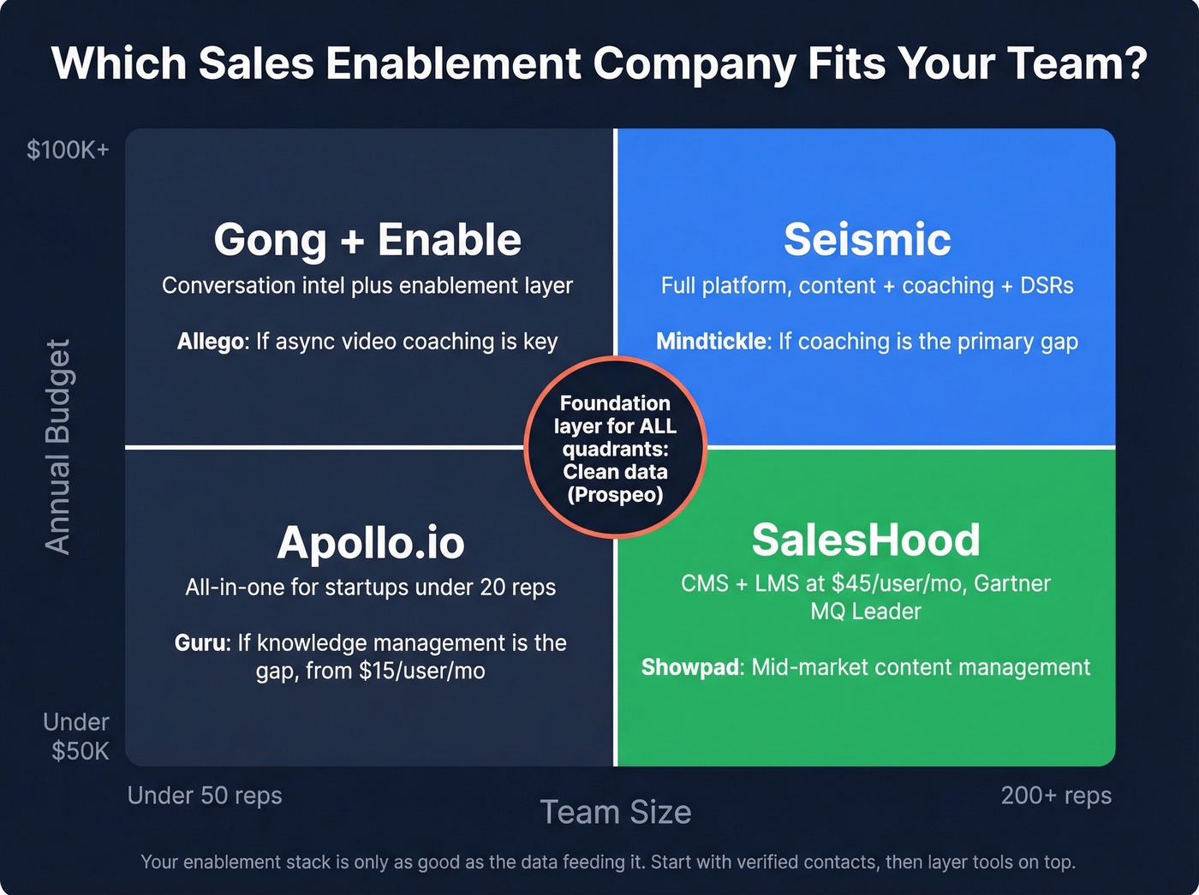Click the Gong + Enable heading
[x=367, y=240]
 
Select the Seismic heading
[x=867, y=240]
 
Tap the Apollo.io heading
[x=370, y=543]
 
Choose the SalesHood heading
[x=866, y=540]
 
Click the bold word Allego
[x=211, y=342]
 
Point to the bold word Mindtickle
[x=711, y=342]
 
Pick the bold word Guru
[x=202, y=643]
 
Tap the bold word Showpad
[x=691, y=667]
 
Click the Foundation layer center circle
[x=615, y=448]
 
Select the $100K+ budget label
[x=68, y=150]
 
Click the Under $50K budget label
[x=77, y=737]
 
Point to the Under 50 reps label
[x=205, y=796]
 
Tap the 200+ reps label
[x=1056, y=796]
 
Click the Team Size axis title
[x=615, y=812]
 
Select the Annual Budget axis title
[x=57, y=447]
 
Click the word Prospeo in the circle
[x=615, y=495]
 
